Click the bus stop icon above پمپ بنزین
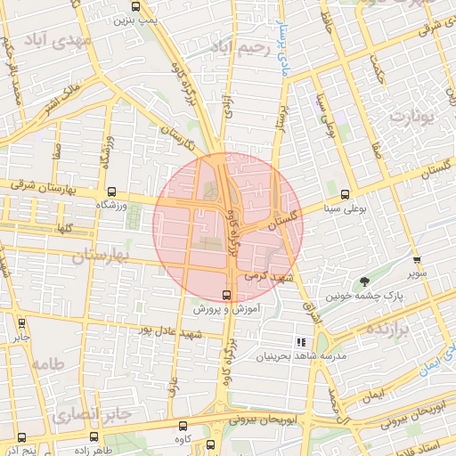pyautogui.click(x=135, y=7)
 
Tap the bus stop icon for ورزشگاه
pyautogui.click(x=111, y=191)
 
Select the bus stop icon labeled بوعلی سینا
pyautogui.click(x=344, y=195)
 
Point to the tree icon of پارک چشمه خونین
pyautogui.click(x=363, y=282)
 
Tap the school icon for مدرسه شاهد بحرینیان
pyautogui.click(x=300, y=342)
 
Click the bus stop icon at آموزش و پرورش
pyautogui.click(x=225, y=296)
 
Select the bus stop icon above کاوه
pyautogui.click(x=183, y=426)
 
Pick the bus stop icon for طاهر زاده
pyautogui.click(x=94, y=436)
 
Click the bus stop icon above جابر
pyautogui.click(x=21, y=323)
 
